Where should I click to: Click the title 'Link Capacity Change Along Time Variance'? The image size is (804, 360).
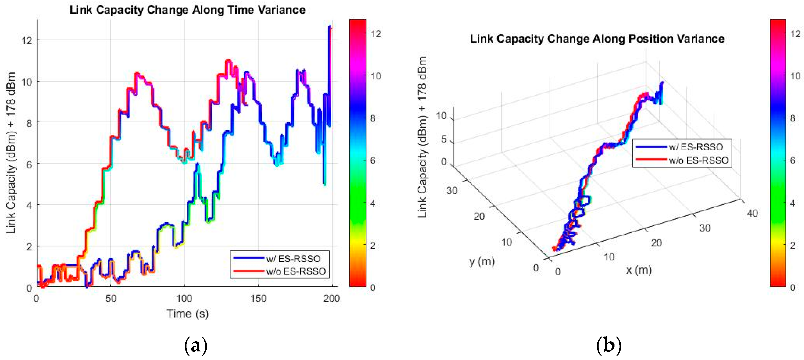click(x=187, y=10)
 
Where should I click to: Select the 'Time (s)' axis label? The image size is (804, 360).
click(x=187, y=313)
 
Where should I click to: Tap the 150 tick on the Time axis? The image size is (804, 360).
click(x=258, y=298)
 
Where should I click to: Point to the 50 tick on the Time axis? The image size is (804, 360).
click(x=111, y=298)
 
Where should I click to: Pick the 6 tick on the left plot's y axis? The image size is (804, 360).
click(x=29, y=164)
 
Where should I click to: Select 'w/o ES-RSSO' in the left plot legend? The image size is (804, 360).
click(x=296, y=271)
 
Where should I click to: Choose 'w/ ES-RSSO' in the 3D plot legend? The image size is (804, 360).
click(x=696, y=147)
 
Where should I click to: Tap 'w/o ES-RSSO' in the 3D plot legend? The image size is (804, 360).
click(x=698, y=160)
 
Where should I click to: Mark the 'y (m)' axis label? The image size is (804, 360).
click(x=481, y=261)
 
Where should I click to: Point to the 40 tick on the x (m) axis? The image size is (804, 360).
click(x=752, y=213)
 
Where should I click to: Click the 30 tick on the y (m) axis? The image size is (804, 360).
click(x=452, y=190)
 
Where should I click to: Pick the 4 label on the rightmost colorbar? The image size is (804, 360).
click(x=792, y=203)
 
